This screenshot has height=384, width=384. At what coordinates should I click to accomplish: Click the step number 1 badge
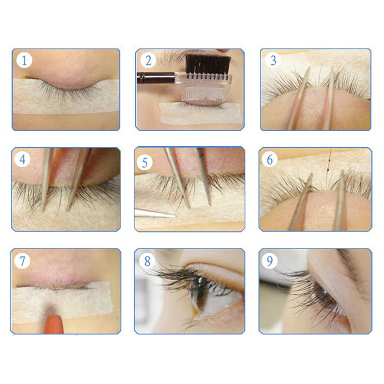coord(24,60)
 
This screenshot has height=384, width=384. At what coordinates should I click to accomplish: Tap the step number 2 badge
coord(148,60)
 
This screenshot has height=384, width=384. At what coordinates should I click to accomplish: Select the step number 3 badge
coord(273,60)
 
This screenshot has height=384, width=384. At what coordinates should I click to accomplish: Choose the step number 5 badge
coord(145,162)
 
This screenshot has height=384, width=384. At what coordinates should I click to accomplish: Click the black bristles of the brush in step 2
coord(208,64)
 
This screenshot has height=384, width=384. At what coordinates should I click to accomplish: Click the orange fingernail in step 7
coord(54,324)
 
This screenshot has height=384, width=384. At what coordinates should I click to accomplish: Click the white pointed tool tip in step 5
coord(155,214)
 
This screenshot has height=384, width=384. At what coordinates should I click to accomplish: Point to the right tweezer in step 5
coord(204,176)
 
